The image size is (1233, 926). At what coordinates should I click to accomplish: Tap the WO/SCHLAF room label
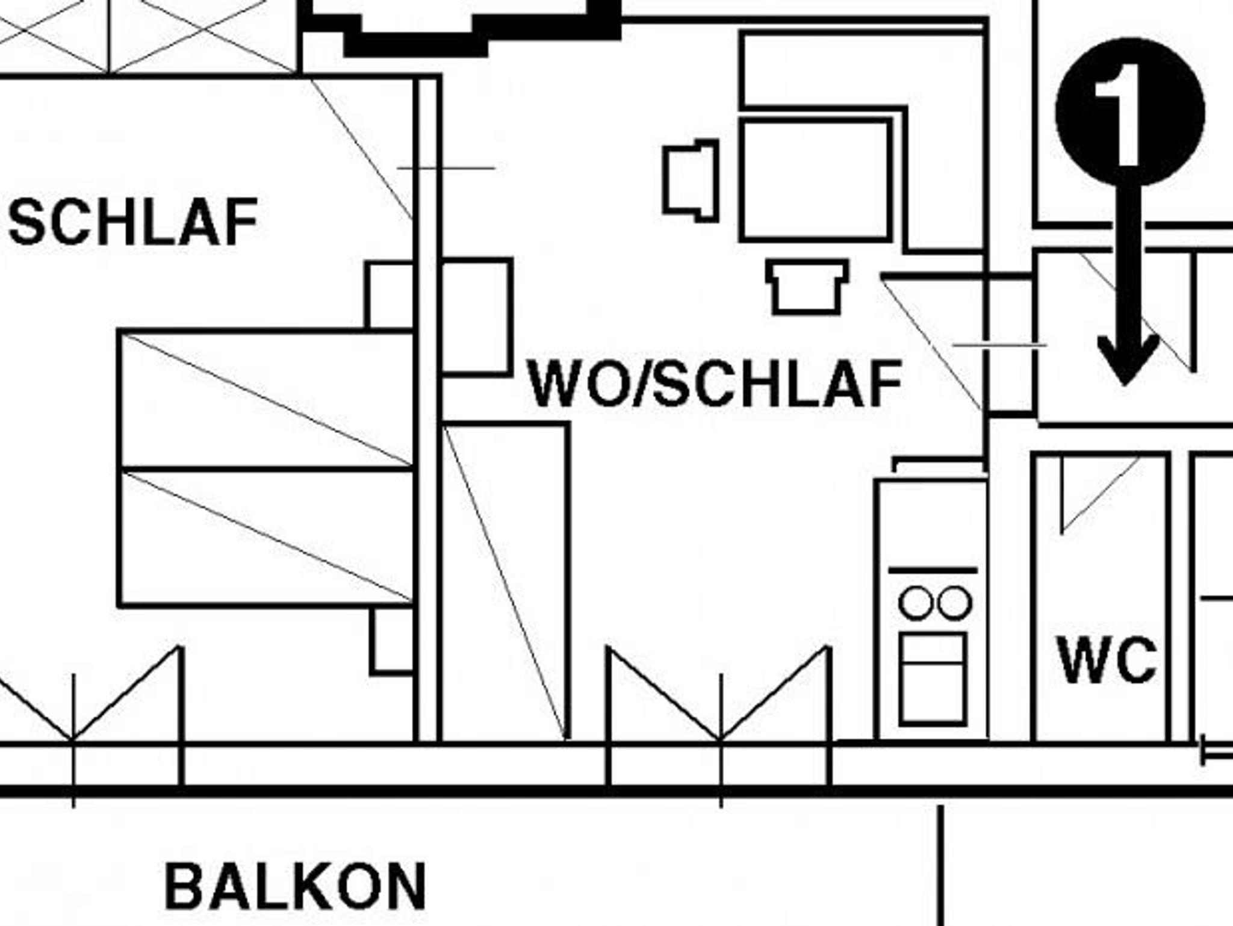tap(715, 384)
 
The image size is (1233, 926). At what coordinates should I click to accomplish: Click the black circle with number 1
tap(1130, 112)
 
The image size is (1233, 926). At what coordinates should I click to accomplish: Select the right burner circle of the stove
tap(954, 603)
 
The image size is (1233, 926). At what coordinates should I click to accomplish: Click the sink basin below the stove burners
tap(933, 679)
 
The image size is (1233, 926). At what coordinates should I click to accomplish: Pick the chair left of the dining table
tap(691, 181)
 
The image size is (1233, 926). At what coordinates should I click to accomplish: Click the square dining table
tap(815, 181)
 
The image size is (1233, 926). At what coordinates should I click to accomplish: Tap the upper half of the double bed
tap(266, 399)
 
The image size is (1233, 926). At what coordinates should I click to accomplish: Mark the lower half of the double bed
tap(266, 537)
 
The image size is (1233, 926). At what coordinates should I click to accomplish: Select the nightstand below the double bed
tap(393, 639)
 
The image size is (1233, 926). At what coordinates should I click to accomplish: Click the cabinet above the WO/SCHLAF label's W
tap(476, 317)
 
